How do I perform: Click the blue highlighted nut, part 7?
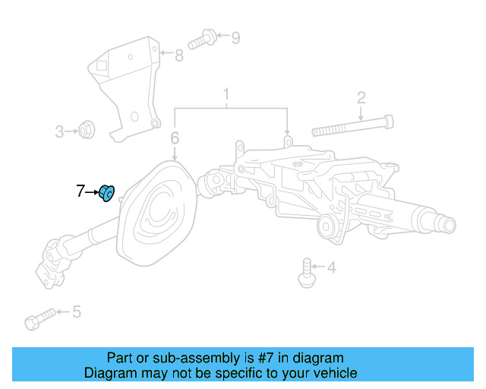[108, 194]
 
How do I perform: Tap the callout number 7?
[80, 191]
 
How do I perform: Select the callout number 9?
[235, 36]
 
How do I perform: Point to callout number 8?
[179, 55]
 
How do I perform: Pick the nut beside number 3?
[87, 131]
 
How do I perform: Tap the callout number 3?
[60, 132]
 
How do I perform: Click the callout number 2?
[361, 96]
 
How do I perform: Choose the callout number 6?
[175, 138]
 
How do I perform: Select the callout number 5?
[76, 312]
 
